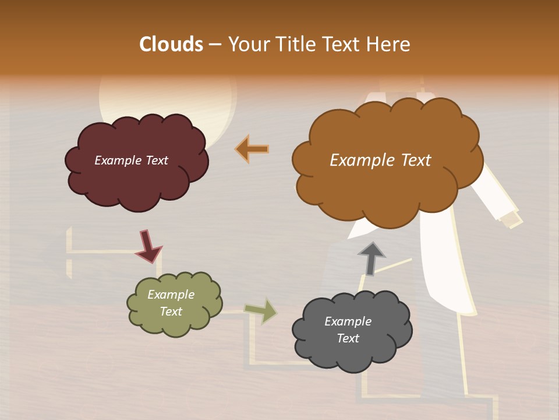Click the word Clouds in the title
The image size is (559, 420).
point(171,44)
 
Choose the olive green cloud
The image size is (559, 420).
point(174,324)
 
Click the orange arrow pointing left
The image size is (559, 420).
point(252,149)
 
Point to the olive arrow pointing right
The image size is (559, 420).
point(261,310)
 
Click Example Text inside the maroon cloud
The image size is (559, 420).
point(131,160)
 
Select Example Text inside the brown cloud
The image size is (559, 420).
point(380,160)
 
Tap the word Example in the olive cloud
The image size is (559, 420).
point(171,295)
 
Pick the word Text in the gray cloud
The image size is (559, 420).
point(348,338)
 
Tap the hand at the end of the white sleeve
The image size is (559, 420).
point(511,219)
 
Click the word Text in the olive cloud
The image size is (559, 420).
point(171,311)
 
